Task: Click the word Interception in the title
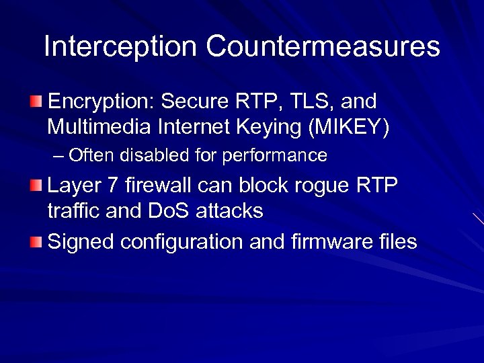pos(120,46)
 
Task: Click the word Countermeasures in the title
pos(323,46)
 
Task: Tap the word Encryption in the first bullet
pos(100,102)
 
